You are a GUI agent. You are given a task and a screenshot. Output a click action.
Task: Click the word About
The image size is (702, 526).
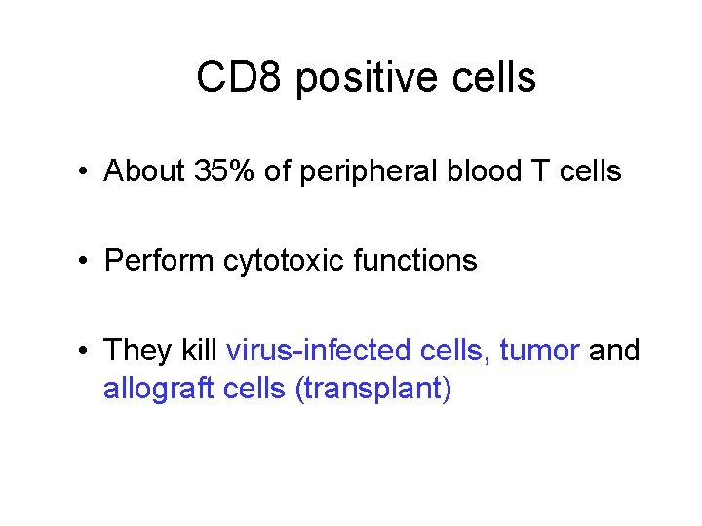point(145,171)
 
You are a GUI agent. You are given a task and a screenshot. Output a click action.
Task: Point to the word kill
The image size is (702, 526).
point(199,350)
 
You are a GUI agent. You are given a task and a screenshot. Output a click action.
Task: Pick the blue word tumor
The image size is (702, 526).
point(539,350)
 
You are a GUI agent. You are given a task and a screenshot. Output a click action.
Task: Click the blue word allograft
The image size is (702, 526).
point(159,389)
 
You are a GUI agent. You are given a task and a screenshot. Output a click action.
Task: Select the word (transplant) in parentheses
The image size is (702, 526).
point(376,390)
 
